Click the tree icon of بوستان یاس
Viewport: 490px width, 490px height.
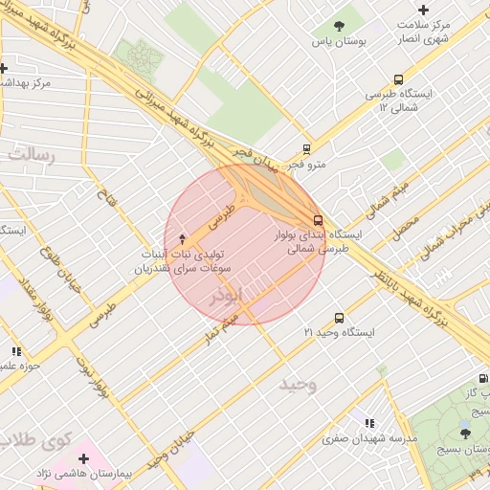pos(339,26)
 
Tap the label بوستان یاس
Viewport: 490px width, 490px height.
pos(339,42)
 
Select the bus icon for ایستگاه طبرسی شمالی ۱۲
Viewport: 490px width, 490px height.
pos(398,80)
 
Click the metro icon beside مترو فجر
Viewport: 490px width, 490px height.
pos(306,148)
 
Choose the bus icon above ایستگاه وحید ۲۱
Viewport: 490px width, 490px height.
pos(339,318)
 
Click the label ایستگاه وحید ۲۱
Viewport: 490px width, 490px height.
pos(339,332)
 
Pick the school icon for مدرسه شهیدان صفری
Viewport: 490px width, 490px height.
pos(369,423)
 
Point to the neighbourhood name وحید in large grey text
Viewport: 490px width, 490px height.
pos(298,385)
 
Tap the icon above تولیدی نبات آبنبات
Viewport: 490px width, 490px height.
pos(183,237)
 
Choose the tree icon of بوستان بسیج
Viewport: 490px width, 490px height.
pos(465,434)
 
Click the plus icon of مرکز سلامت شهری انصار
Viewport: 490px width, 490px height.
pos(424,9)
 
